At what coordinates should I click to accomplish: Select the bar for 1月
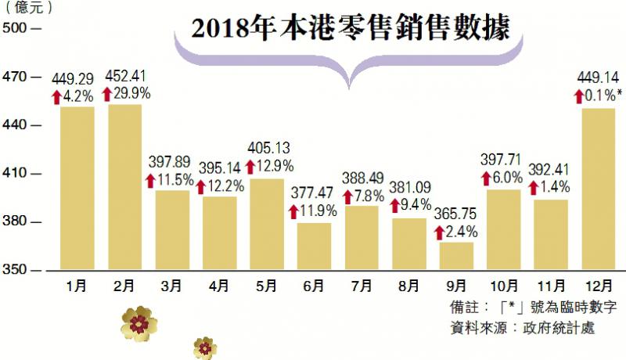click(77, 188)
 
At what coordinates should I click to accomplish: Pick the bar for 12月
click(598, 189)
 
